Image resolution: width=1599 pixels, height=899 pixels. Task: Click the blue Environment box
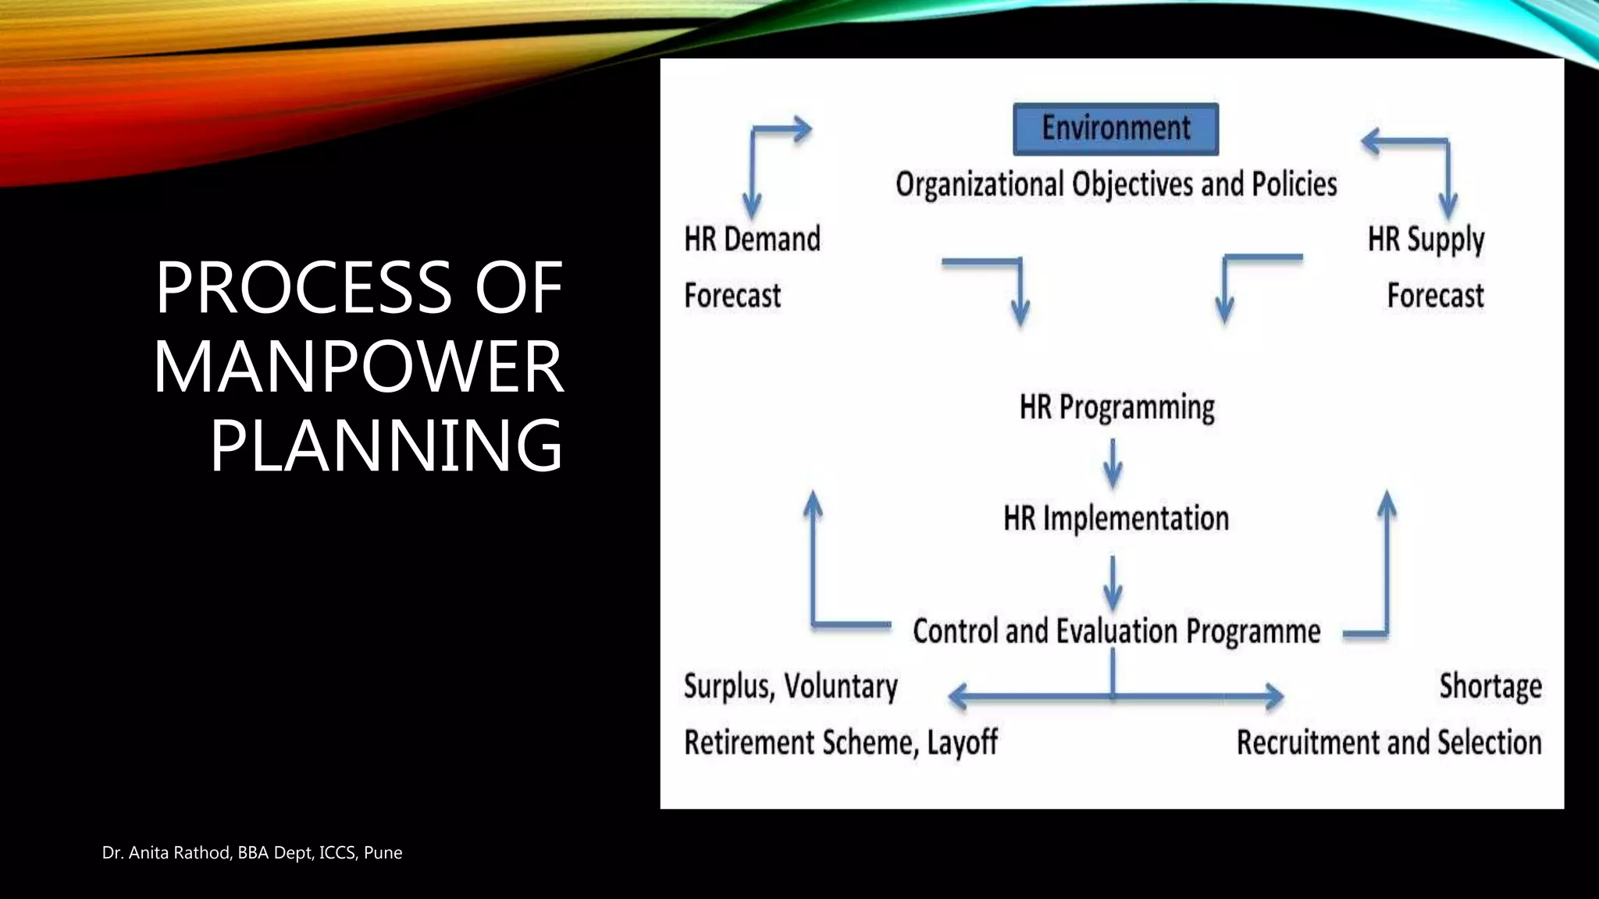(1115, 129)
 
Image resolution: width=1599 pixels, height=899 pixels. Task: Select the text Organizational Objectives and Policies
(1116, 185)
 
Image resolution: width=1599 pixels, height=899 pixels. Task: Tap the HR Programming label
(1116, 407)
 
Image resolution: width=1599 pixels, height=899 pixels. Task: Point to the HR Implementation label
(1116, 519)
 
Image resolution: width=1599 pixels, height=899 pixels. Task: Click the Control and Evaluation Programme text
(1116, 631)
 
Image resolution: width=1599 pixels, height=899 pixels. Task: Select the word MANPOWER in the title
(358, 366)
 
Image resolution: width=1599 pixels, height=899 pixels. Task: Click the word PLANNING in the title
(386, 446)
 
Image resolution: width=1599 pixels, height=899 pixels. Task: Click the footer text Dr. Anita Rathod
(166, 853)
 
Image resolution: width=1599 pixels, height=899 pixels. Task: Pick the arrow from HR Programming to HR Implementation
(1113, 464)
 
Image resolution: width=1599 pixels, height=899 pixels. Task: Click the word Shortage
(1490, 687)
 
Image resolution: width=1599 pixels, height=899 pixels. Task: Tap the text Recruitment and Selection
(1388, 743)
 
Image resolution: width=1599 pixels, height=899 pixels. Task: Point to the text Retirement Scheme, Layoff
(840, 743)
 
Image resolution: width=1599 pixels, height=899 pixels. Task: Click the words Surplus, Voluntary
(790, 687)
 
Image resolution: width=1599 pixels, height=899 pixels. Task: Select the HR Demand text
(752, 240)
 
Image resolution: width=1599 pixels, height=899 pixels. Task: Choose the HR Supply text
(1425, 240)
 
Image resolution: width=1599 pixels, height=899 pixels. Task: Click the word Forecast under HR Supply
(1434, 297)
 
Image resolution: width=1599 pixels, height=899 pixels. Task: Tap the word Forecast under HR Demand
(732, 297)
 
